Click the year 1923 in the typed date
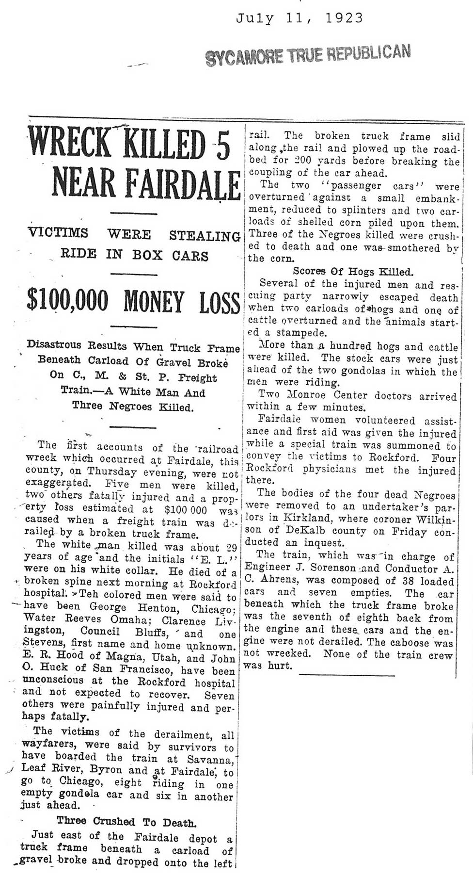tap(344, 18)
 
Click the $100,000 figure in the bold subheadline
tap(68, 301)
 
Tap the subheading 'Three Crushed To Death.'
tap(126, 822)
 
